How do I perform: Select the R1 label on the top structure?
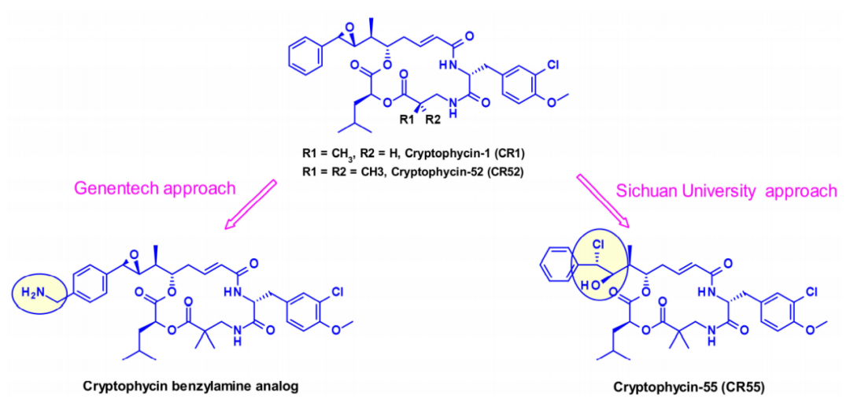pos(407,120)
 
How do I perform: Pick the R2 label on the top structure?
pos(432,120)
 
